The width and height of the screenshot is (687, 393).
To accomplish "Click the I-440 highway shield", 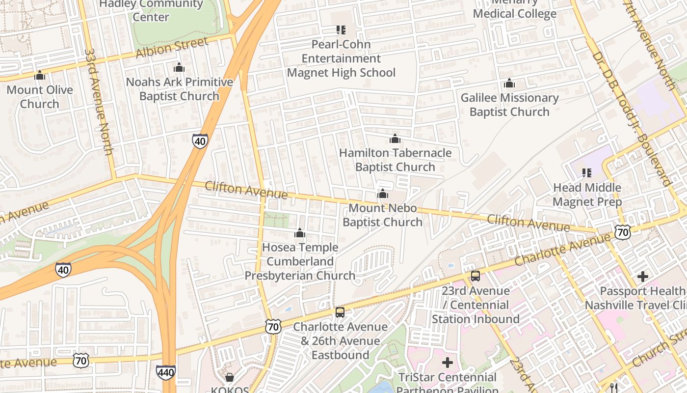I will tap(166, 372).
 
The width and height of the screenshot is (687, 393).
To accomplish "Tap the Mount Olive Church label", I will tap(40, 97).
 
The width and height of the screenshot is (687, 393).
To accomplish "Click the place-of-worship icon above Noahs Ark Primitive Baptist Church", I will tap(179, 67).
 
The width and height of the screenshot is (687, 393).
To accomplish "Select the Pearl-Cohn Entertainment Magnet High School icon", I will tap(341, 30).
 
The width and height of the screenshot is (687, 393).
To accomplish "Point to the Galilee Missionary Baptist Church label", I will tap(509, 105).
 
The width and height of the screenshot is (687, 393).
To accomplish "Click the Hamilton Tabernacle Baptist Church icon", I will tap(395, 139).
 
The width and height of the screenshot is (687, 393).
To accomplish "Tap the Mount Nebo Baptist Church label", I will tap(382, 215).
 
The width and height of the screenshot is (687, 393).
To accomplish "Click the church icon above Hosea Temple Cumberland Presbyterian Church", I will tap(300, 233).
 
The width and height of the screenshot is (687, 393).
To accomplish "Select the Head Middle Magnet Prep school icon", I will tap(587, 173).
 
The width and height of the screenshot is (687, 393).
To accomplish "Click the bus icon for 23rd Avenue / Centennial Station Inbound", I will tap(476, 276).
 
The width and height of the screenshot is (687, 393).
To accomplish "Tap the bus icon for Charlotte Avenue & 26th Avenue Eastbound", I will tap(340, 312).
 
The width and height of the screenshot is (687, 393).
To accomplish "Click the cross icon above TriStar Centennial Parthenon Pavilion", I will tap(447, 363).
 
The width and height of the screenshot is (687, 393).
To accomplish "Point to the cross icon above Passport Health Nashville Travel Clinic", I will tap(643, 277).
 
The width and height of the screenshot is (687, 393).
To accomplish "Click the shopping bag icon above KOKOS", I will tap(230, 377).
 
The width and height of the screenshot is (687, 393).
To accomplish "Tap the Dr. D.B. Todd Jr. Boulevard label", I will tap(631, 118).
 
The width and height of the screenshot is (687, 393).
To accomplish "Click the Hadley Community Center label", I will tap(151, 10).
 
